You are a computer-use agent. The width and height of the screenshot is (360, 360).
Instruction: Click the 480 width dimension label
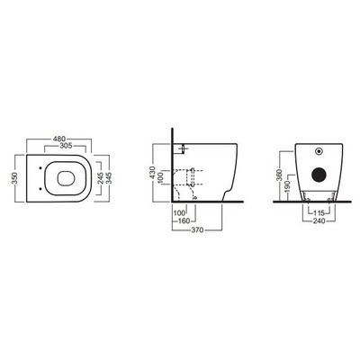(x=59, y=139)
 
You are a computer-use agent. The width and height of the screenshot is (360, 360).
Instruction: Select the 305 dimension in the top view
(x=66, y=146)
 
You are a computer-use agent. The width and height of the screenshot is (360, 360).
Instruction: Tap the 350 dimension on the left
(x=15, y=178)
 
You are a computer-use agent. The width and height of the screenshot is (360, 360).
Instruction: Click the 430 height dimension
(x=153, y=173)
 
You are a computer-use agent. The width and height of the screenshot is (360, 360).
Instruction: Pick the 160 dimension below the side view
(x=184, y=221)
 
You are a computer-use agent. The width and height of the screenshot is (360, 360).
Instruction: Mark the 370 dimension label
(x=198, y=230)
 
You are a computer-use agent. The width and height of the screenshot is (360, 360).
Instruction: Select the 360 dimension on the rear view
(x=280, y=175)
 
